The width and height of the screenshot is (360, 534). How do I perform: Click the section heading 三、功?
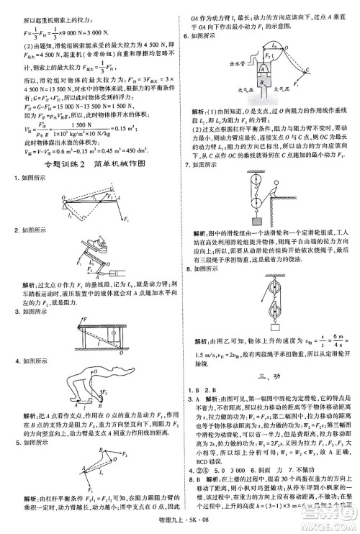click(x=269, y=376)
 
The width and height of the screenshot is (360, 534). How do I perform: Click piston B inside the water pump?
click(x=245, y=78)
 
